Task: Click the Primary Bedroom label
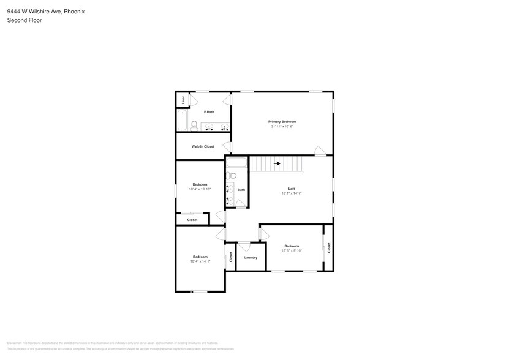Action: click(x=282, y=122)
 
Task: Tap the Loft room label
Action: click(x=292, y=188)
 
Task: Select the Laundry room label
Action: click(x=251, y=257)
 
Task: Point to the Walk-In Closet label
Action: click(x=203, y=146)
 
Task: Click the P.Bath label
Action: click(x=209, y=111)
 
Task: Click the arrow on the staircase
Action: click(x=277, y=163)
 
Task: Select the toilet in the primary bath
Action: click(x=194, y=126)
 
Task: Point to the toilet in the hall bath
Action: click(x=232, y=176)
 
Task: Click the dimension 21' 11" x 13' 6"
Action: click(x=282, y=127)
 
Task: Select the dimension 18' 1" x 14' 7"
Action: click(x=292, y=193)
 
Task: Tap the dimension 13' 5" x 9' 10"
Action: click(x=292, y=250)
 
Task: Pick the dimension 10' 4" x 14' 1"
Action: click(x=200, y=261)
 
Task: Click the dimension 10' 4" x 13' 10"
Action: click(x=200, y=189)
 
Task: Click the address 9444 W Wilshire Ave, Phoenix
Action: click(x=45, y=10)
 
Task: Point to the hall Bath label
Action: click(x=241, y=190)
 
